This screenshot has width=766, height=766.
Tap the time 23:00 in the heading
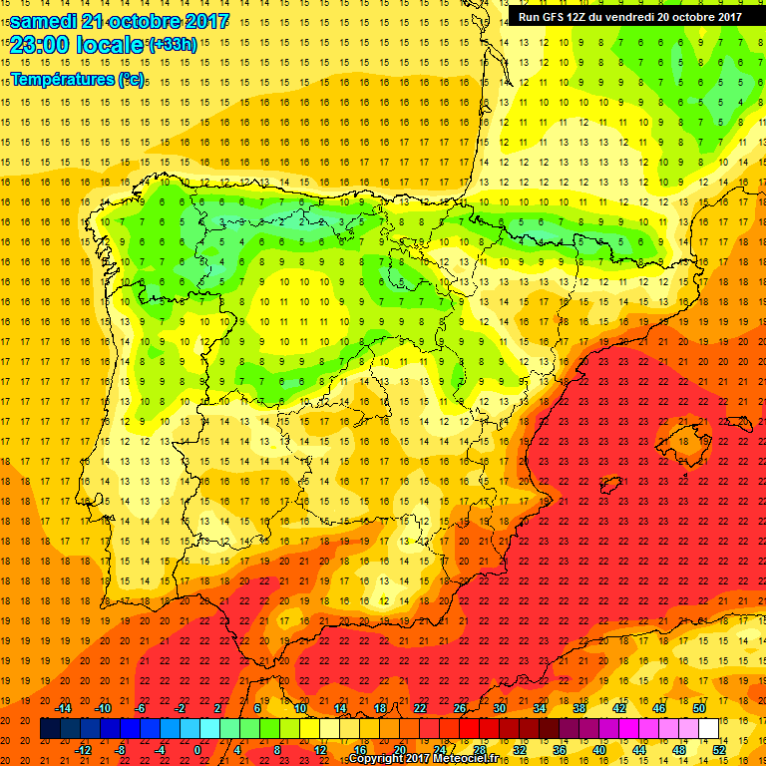tap(43, 44)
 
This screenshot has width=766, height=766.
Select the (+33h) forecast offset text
tap(172, 44)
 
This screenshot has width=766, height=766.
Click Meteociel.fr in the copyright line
tap(465, 758)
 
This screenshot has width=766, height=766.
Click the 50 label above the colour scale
tap(698, 708)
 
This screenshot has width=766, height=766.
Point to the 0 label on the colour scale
tap(197, 750)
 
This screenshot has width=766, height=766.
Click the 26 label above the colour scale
tap(460, 708)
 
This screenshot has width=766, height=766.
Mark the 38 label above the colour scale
tap(578, 708)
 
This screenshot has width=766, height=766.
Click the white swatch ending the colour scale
tap(708, 729)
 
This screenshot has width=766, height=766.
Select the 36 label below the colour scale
tap(560, 750)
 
